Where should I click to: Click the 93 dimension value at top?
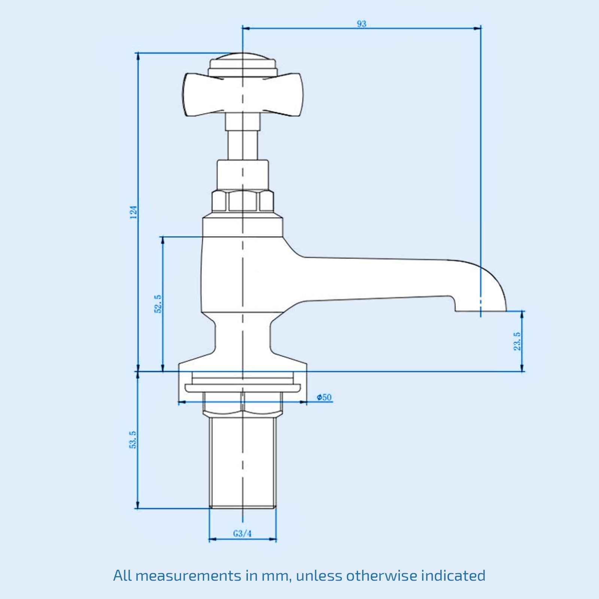pos(361,24)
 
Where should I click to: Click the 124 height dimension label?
pos(134,212)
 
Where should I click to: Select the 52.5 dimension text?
pos(158,303)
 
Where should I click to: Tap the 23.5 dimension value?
pos(517,341)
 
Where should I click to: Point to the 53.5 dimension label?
pos(134,440)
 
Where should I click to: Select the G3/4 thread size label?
pos(242,533)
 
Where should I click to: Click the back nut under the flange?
pos(243,404)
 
